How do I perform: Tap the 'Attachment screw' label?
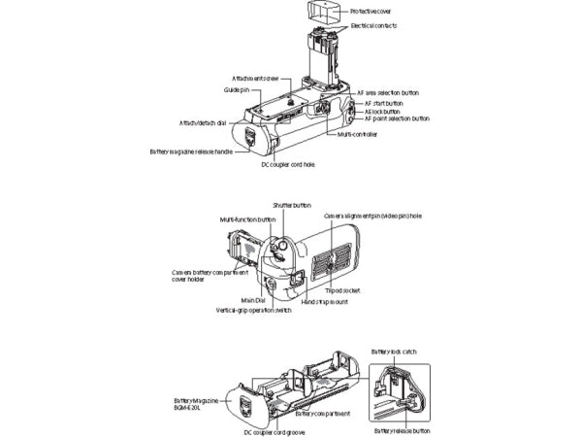coord(255,78)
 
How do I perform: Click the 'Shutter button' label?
coord(292,207)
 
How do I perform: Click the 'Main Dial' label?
coord(254,301)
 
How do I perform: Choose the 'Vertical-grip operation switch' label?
coord(253,311)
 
